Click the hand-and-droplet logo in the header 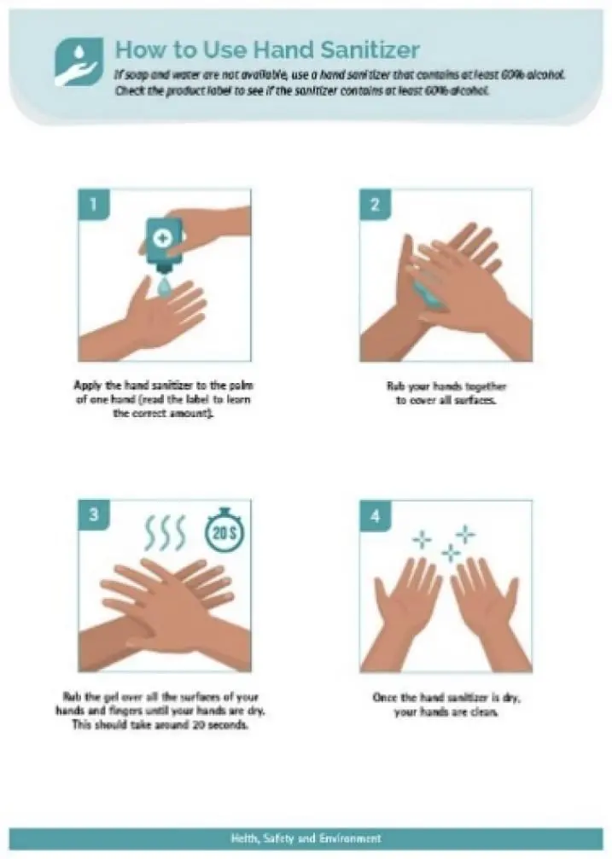(x=79, y=61)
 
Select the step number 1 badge (x=94, y=204)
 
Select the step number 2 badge (x=375, y=204)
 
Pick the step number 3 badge (x=94, y=514)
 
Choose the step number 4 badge (x=375, y=515)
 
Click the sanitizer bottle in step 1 (x=163, y=244)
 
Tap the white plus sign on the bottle (x=163, y=237)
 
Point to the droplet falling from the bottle (x=164, y=286)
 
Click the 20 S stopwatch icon (x=224, y=530)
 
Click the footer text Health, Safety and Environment (x=306, y=839)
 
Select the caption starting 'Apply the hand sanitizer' (x=163, y=399)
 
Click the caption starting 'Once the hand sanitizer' (x=446, y=705)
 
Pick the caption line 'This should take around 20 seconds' (x=160, y=725)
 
